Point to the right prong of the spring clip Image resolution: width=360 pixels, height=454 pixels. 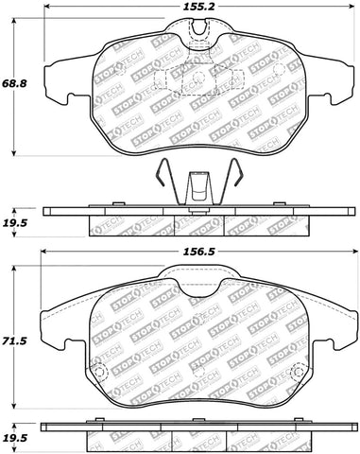click(x=234, y=182)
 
